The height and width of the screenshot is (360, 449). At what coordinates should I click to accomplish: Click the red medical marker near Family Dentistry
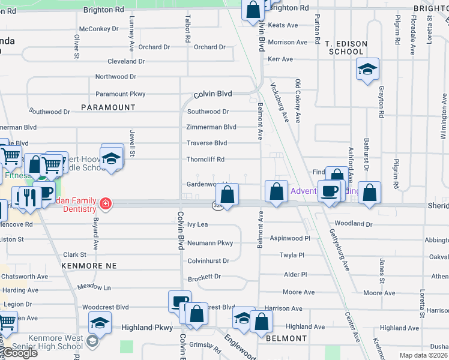point(106,203)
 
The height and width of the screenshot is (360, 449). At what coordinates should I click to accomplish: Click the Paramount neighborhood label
point(109,107)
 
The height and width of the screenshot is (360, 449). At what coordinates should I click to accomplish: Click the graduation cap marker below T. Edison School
point(367,69)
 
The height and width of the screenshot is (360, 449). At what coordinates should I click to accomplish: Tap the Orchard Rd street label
point(154,47)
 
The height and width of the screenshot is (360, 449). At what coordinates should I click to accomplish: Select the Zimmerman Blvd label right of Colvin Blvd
point(211,127)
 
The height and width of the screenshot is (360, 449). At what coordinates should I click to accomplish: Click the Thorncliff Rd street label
point(205,160)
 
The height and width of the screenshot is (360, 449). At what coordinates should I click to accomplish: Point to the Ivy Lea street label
point(197,224)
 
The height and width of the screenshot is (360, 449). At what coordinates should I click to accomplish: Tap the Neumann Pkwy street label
point(209,243)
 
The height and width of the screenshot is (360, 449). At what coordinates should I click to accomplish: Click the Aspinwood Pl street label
point(290,238)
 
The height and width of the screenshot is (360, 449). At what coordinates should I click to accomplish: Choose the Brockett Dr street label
point(204,277)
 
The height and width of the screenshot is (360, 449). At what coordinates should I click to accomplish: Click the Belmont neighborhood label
point(287,338)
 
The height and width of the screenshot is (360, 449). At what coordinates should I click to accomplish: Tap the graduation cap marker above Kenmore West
point(100,324)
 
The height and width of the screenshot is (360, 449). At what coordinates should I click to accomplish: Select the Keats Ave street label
point(283,25)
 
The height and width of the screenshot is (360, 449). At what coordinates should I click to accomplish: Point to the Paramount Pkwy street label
point(120,94)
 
